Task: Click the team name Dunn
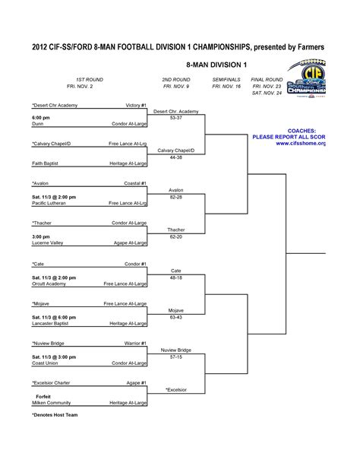pos(36,123)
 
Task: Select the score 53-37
pos(176,118)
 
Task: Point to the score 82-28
pos(176,196)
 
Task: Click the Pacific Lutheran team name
pos(51,203)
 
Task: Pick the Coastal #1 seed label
pos(136,183)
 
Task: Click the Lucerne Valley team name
pos(48,243)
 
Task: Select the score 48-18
pos(176,277)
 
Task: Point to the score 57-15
pos(176,357)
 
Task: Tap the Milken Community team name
pos(52,403)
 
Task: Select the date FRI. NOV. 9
pos(176,87)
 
